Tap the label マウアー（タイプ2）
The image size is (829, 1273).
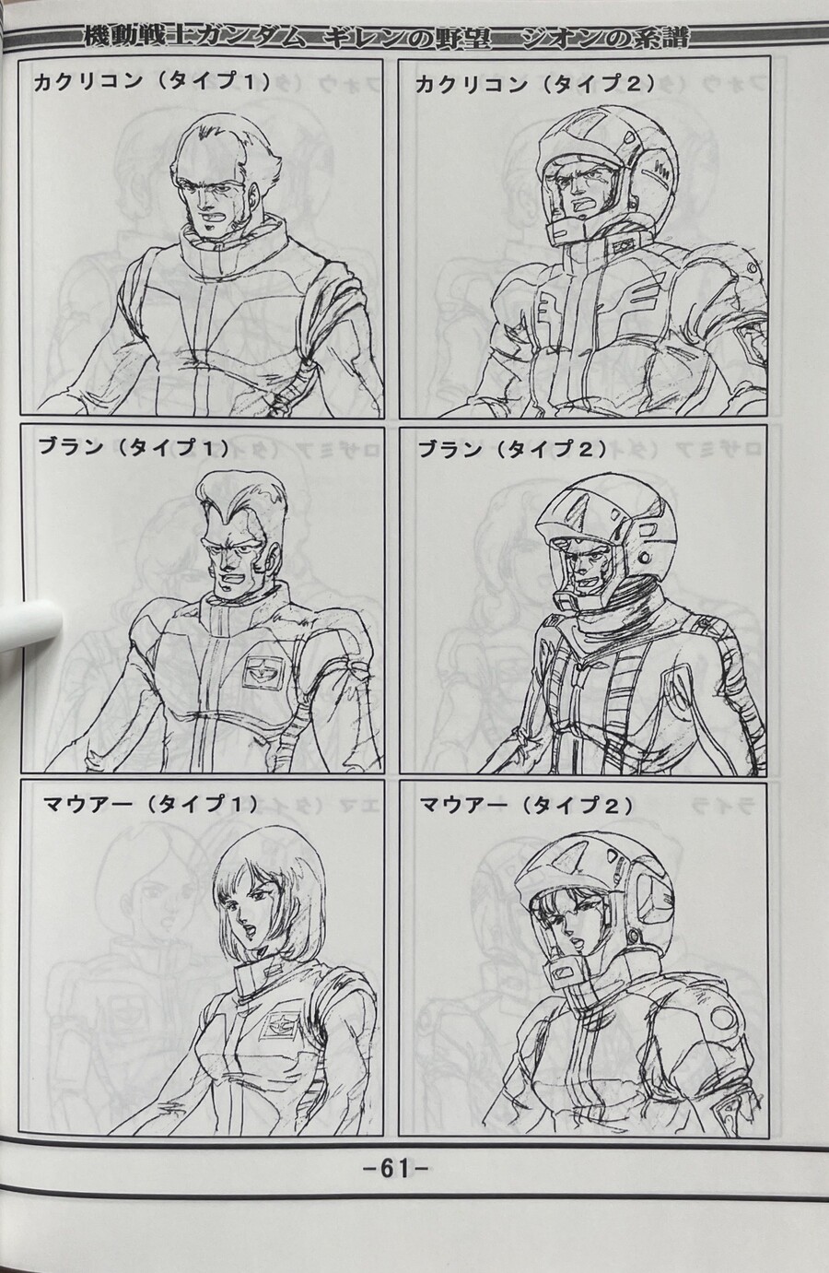coord(526,806)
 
